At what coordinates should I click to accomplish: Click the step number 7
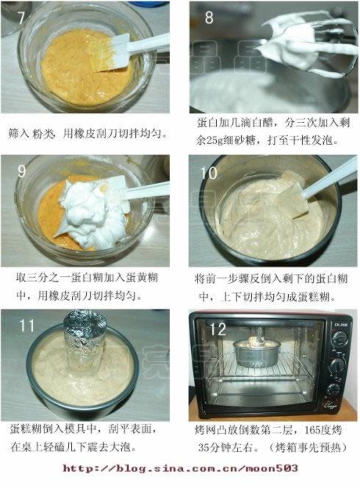21,18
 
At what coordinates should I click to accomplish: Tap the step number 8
209,17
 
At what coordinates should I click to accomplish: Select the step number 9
21,171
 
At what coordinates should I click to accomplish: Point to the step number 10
209,173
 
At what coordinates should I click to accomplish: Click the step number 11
26,326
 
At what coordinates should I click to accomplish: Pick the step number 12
217,329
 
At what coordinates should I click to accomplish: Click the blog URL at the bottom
180,467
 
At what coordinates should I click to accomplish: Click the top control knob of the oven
339,338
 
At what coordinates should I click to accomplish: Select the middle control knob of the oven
338,365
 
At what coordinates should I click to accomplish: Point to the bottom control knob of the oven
334,389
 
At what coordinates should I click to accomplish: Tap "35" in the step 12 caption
204,448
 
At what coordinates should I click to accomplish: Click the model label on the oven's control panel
341,325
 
